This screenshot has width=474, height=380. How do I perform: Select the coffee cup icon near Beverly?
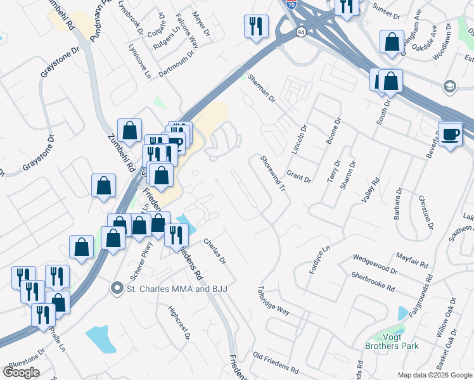tap(451, 134)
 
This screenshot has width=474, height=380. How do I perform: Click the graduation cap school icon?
tap(449, 86)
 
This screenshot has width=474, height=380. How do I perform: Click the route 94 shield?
tap(300, 32)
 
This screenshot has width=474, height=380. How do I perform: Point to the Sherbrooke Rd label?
tap(373, 282)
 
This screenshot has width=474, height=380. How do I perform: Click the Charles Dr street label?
tap(215, 251)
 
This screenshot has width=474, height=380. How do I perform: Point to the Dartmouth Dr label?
tap(176, 66)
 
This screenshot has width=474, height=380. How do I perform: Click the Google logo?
tap(21, 372)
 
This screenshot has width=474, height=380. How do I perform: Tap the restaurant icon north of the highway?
tap(255, 26)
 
